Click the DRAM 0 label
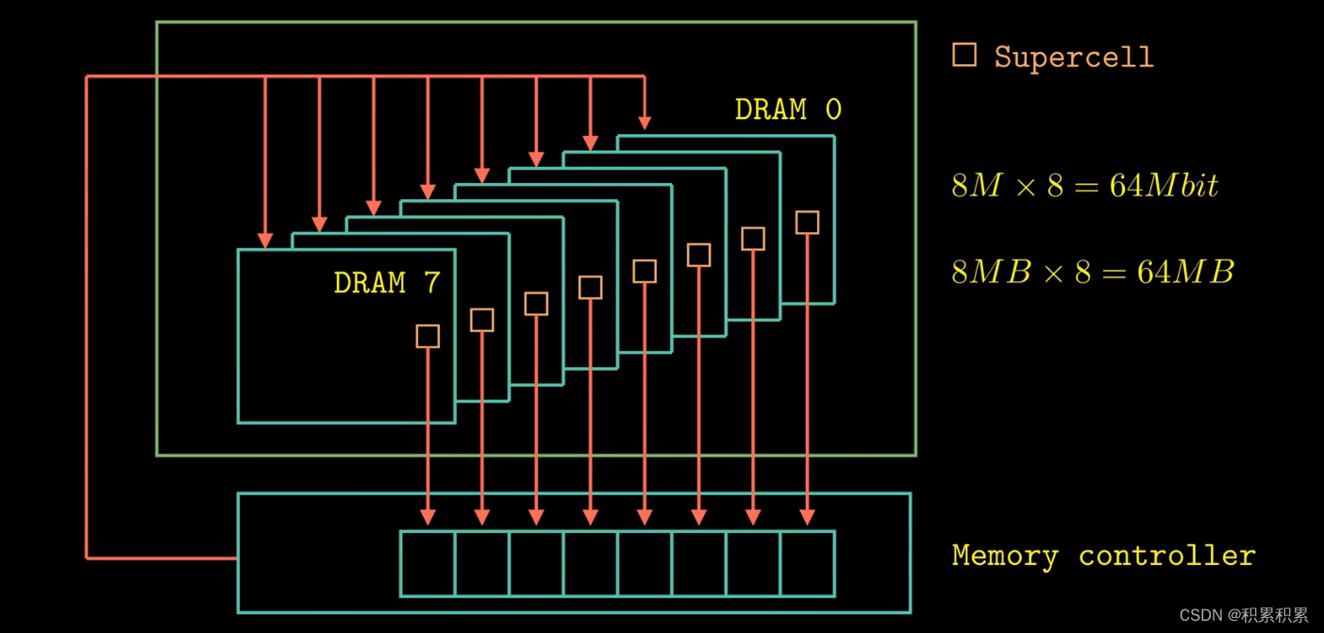(787, 110)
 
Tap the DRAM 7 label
(386, 283)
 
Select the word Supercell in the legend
(1073, 58)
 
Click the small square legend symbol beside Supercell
(964, 55)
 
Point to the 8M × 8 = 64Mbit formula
(1084, 185)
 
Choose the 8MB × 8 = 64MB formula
(1092, 273)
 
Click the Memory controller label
(1103, 556)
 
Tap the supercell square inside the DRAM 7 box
(427, 336)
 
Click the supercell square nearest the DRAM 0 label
(807, 223)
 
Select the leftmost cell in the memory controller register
(427, 564)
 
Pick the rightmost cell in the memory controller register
(808, 564)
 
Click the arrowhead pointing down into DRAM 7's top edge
(265, 240)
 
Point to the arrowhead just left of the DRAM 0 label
(645, 122)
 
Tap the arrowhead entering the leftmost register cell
(427, 517)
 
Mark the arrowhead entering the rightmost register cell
(807, 517)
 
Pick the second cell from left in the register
(482, 564)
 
